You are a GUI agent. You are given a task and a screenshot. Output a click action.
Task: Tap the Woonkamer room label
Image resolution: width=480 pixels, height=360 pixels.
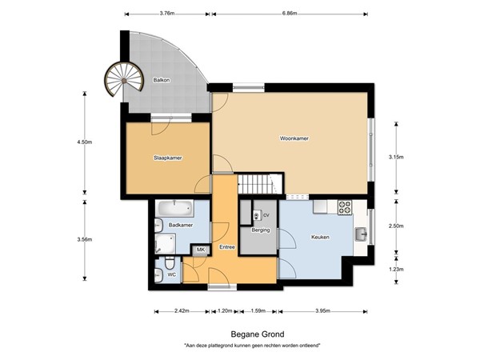pyautogui.click(x=294, y=138)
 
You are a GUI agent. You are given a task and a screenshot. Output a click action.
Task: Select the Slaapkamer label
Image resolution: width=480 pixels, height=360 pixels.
pyautogui.click(x=167, y=158)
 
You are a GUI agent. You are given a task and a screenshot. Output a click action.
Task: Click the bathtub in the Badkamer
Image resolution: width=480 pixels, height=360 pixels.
pyautogui.click(x=174, y=210)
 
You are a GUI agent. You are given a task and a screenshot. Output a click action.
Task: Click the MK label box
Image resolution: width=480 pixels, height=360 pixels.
pyautogui.click(x=201, y=250)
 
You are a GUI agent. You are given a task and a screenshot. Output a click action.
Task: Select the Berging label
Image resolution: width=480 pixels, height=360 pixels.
pyautogui.click(x=260, y=230)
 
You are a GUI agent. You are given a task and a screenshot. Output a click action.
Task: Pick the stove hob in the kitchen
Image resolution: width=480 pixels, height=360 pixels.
pyautogui.click(x=345, y=206)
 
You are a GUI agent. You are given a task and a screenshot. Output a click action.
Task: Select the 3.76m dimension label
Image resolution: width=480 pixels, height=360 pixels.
pyautogui.click(x=168, y=14)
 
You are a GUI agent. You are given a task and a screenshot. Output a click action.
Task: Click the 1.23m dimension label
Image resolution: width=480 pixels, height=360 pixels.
pyautogui.click(x=395, y=270)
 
